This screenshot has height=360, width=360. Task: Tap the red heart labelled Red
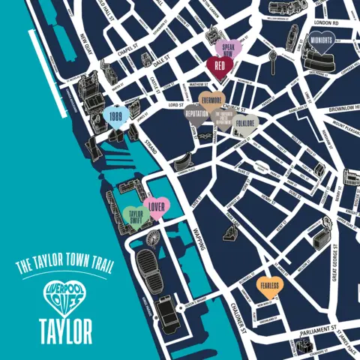click(x=219, y=66)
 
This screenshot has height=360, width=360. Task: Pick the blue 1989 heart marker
click(x=116, y=118)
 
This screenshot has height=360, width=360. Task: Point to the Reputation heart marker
click(x=196, y=116)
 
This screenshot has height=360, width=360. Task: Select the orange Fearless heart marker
click(x=270, y=286)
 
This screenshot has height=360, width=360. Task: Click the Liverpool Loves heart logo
click(x=60, y=295)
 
